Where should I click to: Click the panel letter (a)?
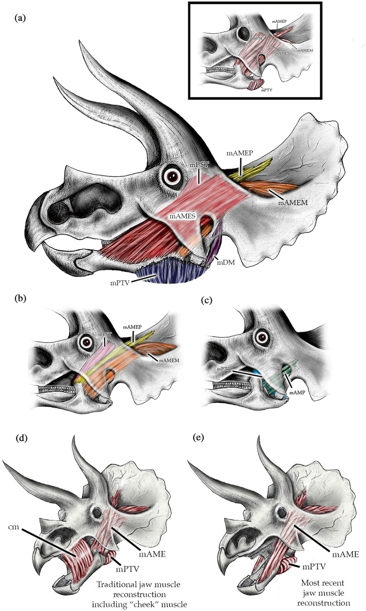point(20,18)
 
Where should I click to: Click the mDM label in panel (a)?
point(226,262)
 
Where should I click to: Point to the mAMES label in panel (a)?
point(183,217)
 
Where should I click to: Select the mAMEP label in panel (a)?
point(240,154)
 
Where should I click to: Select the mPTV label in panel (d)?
point(127,569)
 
